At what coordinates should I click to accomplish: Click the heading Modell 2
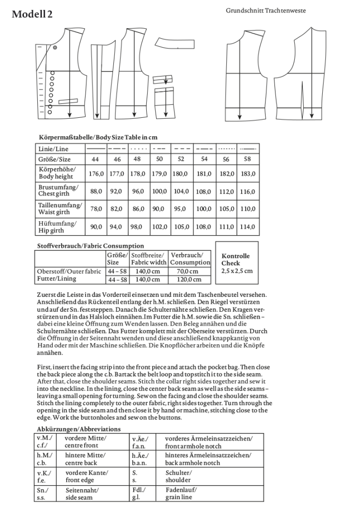pos(32,15)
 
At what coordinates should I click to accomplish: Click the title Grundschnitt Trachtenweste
pos(266,10)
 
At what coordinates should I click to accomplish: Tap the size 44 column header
pos(96,160)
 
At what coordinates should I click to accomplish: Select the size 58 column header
pos(248,160)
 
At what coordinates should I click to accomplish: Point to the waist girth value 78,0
pos(96,209)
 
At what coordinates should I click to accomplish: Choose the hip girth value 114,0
pos(248,227)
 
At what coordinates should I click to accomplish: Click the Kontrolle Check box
pos(237,263)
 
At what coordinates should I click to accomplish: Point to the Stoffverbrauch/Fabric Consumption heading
pos(90,246)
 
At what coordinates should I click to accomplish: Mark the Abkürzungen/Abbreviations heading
pos(79,428)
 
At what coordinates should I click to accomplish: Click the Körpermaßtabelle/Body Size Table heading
pos(98,137)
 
